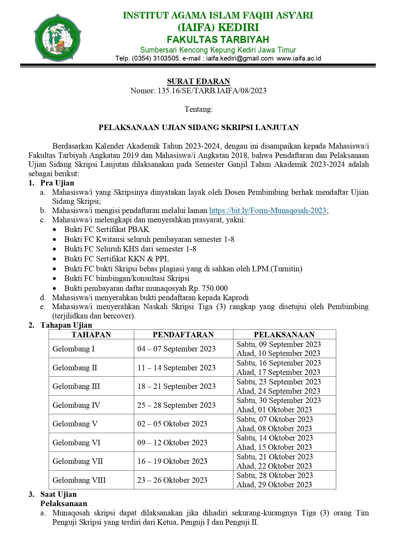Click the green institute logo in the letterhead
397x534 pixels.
coord(57,37)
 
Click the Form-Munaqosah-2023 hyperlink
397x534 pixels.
coord(268,210)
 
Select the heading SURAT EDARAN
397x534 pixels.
coord(199,81)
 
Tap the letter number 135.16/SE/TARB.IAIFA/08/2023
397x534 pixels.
coord(212,91)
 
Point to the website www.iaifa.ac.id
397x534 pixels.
coord(299,58)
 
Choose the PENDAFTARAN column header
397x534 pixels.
coord(183,335)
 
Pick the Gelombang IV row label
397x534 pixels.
coord(76,405)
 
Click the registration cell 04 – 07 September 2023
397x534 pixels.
coord(176,349)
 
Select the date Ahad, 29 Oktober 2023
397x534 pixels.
coord(274,485)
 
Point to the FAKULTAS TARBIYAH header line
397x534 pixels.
coord(218,40)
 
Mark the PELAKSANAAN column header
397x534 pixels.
coord(284,335)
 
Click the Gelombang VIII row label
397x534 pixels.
coord(79,480)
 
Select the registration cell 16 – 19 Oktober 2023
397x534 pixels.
coord(172,461)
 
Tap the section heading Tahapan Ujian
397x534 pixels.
coord(66,325)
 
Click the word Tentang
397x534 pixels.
coord(199,109)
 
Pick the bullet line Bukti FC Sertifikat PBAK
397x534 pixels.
coord(107,229)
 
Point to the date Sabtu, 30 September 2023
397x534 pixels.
coord(279,400)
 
